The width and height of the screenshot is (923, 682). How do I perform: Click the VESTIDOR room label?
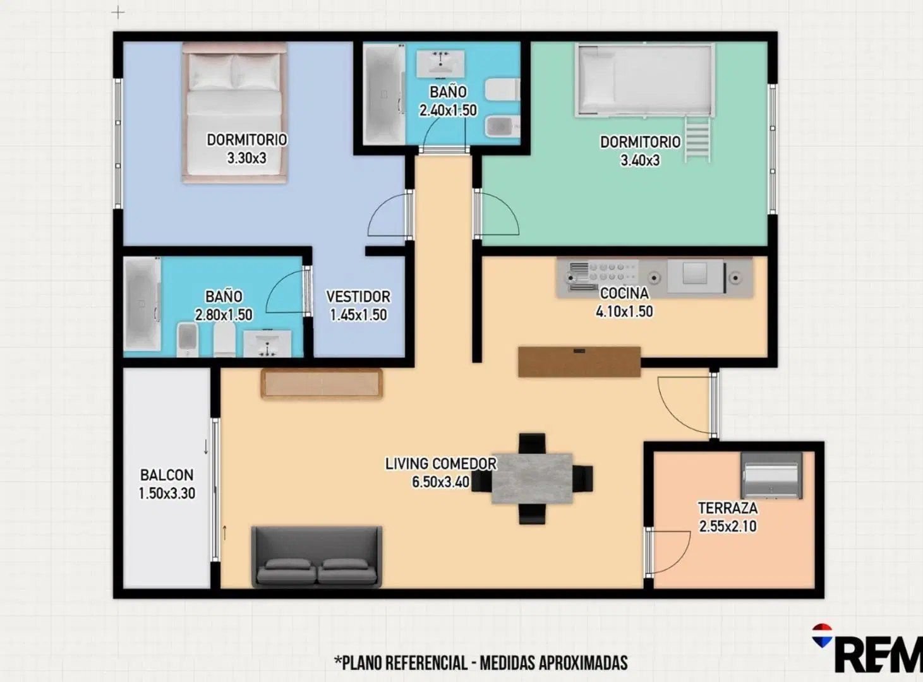coord(358,297)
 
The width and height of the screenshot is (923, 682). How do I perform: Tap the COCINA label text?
coord(624,294)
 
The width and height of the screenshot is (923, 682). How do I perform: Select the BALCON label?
coord(166,476)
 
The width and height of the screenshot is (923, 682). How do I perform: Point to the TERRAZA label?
coord(727,508)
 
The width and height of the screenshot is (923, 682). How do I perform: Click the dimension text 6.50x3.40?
coord(441,482)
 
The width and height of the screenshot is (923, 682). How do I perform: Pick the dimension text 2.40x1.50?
coord(448,111)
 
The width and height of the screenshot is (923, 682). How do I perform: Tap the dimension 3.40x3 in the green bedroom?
coord(640,160)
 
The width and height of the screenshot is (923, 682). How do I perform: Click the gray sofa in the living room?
coord(317,557)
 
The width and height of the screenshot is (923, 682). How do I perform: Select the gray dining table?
coord(532,479)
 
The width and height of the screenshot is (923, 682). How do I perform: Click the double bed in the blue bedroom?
coord(234,112)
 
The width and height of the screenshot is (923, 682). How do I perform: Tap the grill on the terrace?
coord(771,476)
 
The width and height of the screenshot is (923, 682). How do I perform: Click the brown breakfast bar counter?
coord(579,362)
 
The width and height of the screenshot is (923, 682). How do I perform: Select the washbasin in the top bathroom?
coord(440,64)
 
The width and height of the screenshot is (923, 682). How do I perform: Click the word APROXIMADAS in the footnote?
coord(583,663)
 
